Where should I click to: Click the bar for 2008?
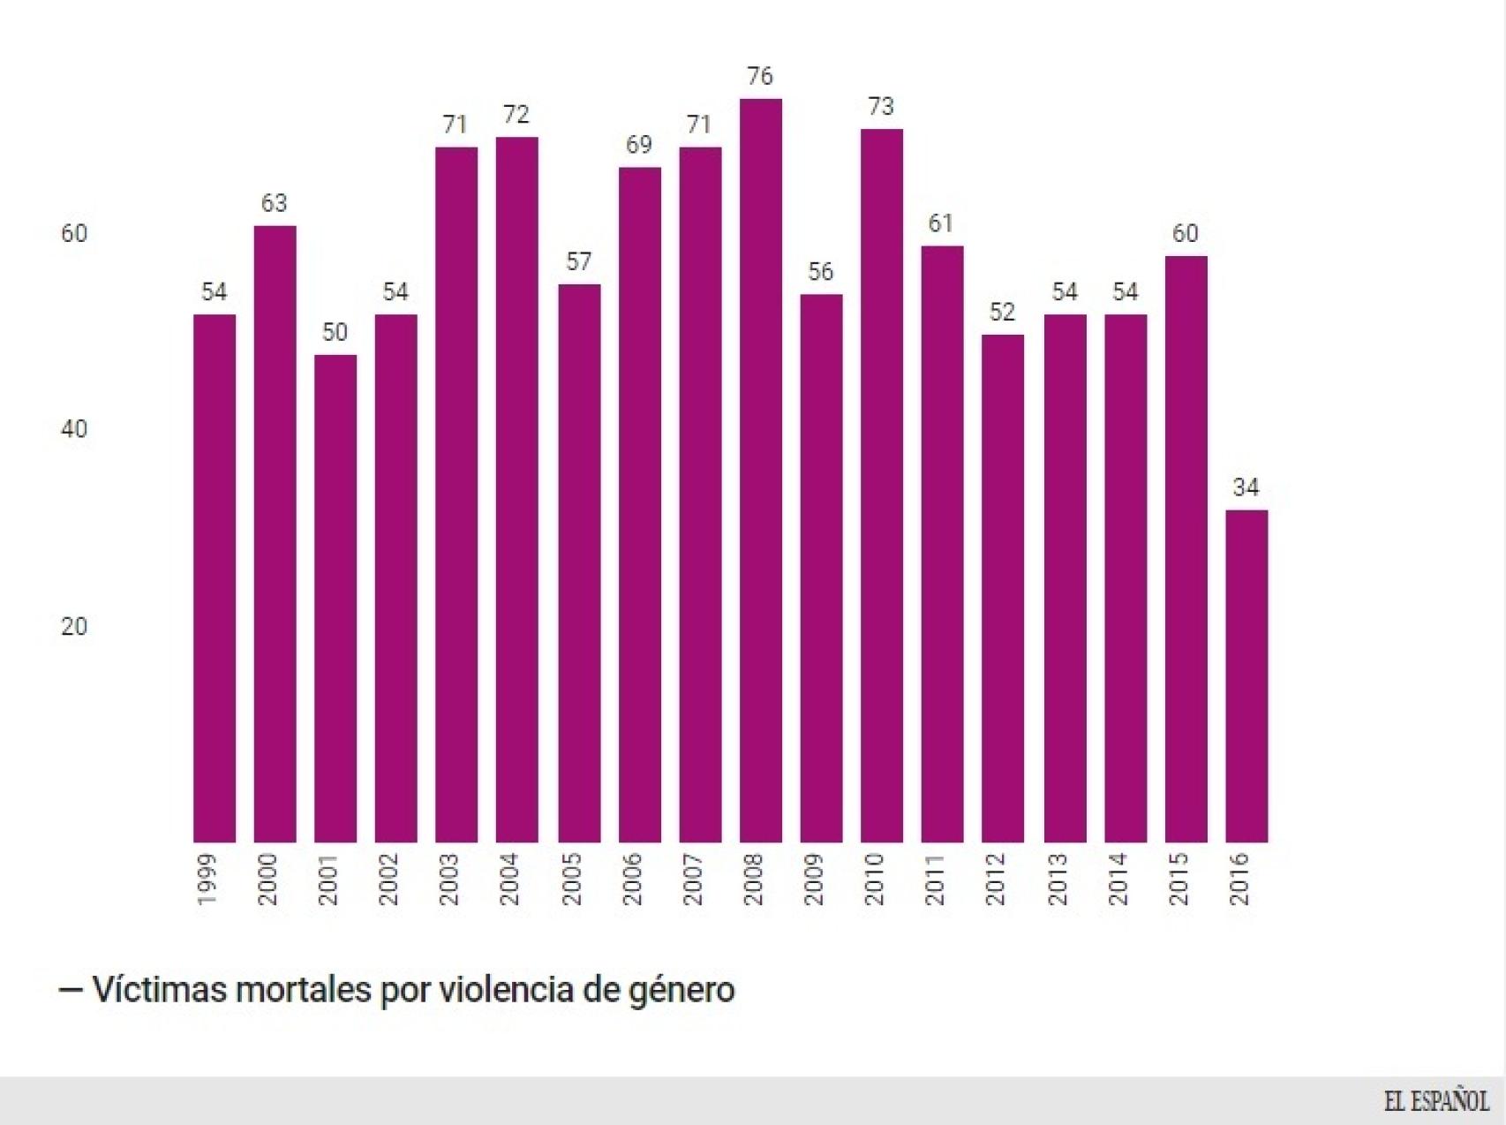click(x=760, y=470)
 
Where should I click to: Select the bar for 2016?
click(x=1246, y=676)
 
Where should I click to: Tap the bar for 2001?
click(x=335, y=598)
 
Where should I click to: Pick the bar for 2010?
click(x=881, y=485)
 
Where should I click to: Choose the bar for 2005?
click(x=579, y=562)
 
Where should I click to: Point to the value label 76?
click(x=760, y=77)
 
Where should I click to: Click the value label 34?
click(x=1246, y=487)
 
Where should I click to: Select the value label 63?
click(x=275, y=203)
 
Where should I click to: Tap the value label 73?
click(x=881, y=107)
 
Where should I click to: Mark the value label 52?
click(x=1002, y=313)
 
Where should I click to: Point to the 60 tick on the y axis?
click(x=74, y=234)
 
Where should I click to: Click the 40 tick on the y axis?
click(x=74, y=430)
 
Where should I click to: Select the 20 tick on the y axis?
click(x=74, y=627)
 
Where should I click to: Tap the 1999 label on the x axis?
click(x=207, y=879)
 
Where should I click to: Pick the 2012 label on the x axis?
click(x=996, y=879)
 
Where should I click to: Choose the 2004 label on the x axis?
click(x=510, y=879)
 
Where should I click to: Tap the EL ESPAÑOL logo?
click(x=1435, y=1101)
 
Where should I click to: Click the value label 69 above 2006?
click(x=639, y=145)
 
